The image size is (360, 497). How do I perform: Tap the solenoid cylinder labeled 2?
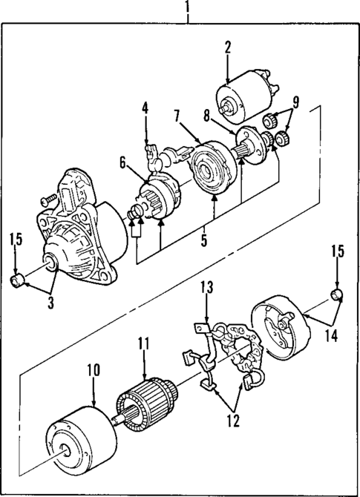(x=238, y=99)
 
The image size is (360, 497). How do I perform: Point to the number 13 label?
(x=206, y=288)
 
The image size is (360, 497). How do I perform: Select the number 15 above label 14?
(x=338, y=251)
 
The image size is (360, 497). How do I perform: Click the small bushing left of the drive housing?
(x=16, y=280)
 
